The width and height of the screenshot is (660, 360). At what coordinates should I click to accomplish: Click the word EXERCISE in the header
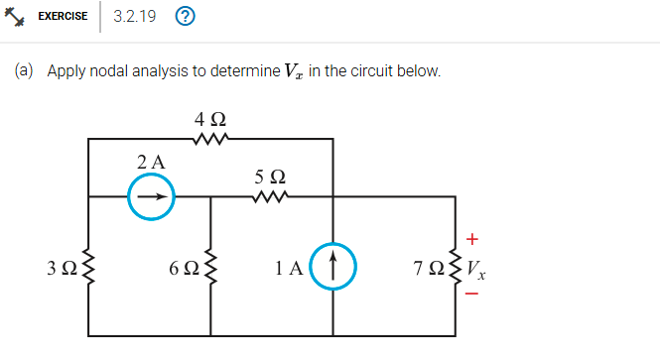tap(63, 16)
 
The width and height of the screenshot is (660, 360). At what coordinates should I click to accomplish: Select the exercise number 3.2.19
tap(134, 16)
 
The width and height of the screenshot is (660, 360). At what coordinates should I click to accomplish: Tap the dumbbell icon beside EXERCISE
tap(19, 16)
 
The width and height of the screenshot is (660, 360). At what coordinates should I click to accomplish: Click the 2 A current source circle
tap(151, 196)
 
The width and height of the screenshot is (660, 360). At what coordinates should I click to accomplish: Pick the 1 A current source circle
tap(332, 267)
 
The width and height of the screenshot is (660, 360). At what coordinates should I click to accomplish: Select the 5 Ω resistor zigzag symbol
tap(270, 196)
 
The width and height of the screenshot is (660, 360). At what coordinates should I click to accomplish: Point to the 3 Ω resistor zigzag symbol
tap(89, 268)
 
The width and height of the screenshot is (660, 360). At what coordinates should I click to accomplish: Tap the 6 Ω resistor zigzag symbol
tap(210, 268)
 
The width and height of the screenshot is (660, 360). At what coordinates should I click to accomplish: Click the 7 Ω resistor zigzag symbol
tap(457, 268)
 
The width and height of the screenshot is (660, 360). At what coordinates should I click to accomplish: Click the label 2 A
tap(151, 160)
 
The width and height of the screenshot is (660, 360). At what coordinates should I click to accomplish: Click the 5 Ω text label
tap(270, 177)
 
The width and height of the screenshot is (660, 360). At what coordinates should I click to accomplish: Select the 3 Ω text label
tap(62, 268)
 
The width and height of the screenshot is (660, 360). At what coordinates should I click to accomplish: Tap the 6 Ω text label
tap(184, 268)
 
